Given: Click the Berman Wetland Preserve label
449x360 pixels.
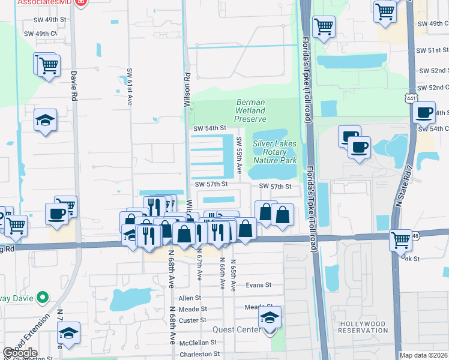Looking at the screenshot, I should [x=250, y=110].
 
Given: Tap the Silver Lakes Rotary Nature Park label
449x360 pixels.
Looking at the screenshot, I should [x=275, y=152].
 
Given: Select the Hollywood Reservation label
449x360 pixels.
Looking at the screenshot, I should [x=364, y=327].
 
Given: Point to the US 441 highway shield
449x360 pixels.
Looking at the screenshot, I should [x=419, y=97].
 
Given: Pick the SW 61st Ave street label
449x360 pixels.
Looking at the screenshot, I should [x=129, y=87].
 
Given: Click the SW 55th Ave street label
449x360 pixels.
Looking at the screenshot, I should [x=238, y=155].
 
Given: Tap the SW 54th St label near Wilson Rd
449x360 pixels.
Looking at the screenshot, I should [x=209, y=128].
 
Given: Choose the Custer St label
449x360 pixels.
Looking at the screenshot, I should [x=193, y=320].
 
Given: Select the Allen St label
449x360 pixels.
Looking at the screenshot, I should [x=190, y=298].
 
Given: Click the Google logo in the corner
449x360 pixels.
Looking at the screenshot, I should [x=20, y=353].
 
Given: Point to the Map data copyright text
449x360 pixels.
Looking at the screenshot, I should [x=423, y=355].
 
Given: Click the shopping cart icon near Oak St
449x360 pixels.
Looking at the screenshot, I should [x=400, y=240].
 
